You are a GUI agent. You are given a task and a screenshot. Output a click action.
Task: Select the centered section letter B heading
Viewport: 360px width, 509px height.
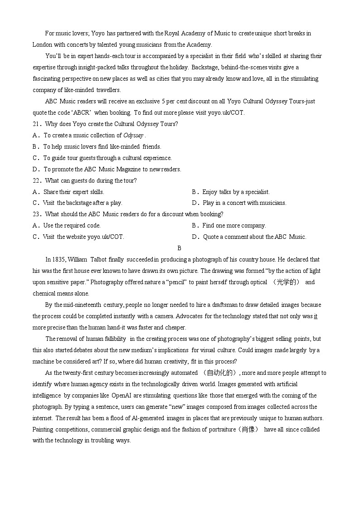pyautogui.click(x=180, y=248)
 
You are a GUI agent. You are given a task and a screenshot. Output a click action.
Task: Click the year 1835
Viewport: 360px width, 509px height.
pyautogui.click(x=60, y=260)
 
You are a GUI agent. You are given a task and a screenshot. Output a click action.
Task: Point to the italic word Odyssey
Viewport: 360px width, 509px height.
pyautogui.click(x=133, y=136)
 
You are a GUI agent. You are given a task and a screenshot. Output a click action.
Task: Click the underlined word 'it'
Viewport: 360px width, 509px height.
pyautogui.click(x=316, y=316)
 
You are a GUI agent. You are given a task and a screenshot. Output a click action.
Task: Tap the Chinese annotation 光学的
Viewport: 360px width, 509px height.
pyautogui.click(x=288, y=282)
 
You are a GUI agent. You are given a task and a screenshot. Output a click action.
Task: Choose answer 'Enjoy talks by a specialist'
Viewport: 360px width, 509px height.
pyautogui.click(x=236, y=192)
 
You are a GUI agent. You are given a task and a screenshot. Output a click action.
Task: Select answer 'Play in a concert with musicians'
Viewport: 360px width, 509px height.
pyautogui.click(x=244, y=203)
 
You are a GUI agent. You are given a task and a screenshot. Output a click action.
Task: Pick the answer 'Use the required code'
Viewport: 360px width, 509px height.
pyautogui.click(x=72, y=226)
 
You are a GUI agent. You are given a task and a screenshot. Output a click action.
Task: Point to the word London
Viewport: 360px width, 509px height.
pyautogui.click(x=42, y=44)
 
